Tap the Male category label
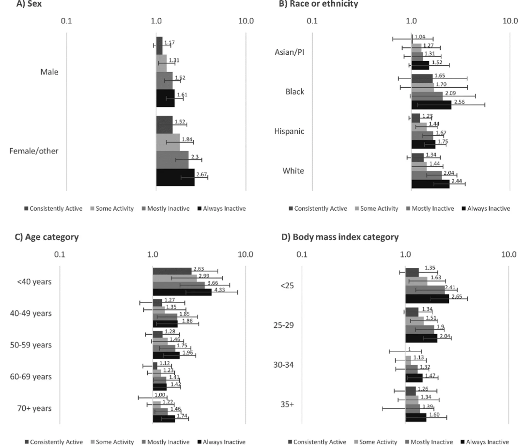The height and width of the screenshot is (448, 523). pyautogui.click(x=49, y=72)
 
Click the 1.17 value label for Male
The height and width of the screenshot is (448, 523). pyautogui.click(x=169, y=43)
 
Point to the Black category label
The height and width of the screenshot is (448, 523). pyautogui.click(x=295, y=92)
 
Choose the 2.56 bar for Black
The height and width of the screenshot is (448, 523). pyautogui.click(x=431, y=105)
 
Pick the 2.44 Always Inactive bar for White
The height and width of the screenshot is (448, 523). pyautogui.click(x=430, y=184)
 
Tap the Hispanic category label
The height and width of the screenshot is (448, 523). pyautogui.click(x=290, y=131)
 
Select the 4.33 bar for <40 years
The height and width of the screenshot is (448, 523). pyautogui.click(x=182, y=292)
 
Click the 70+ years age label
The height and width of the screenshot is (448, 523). pyautogui.click(x=34, y=408)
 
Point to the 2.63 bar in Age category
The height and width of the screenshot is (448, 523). pyautogui.click(x=172, y=271)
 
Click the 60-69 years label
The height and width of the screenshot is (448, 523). pyautogui.click(x=31, y=377)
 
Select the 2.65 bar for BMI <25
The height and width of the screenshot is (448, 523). pyautogui.click(x=427, y=298)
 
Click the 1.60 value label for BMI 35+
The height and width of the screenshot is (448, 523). pyautogui.click(x=433, y=414)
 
